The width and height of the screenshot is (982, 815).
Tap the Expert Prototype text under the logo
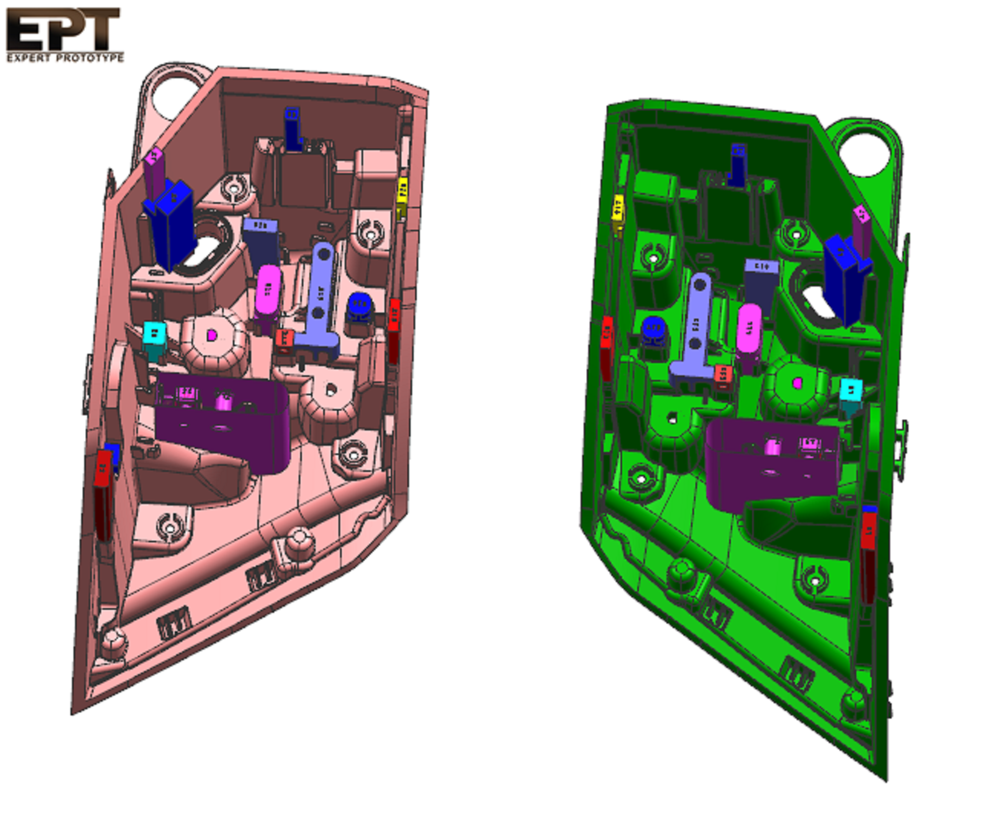(65, 57)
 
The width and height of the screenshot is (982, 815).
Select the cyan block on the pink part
(154, 334)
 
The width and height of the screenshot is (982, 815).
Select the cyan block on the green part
(851, 391)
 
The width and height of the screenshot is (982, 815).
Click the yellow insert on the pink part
(402, 195)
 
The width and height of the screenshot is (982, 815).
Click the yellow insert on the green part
(618, 209)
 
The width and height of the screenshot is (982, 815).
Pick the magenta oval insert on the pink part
(269, 290)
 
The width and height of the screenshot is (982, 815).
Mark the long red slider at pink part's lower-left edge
(104, 493)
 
